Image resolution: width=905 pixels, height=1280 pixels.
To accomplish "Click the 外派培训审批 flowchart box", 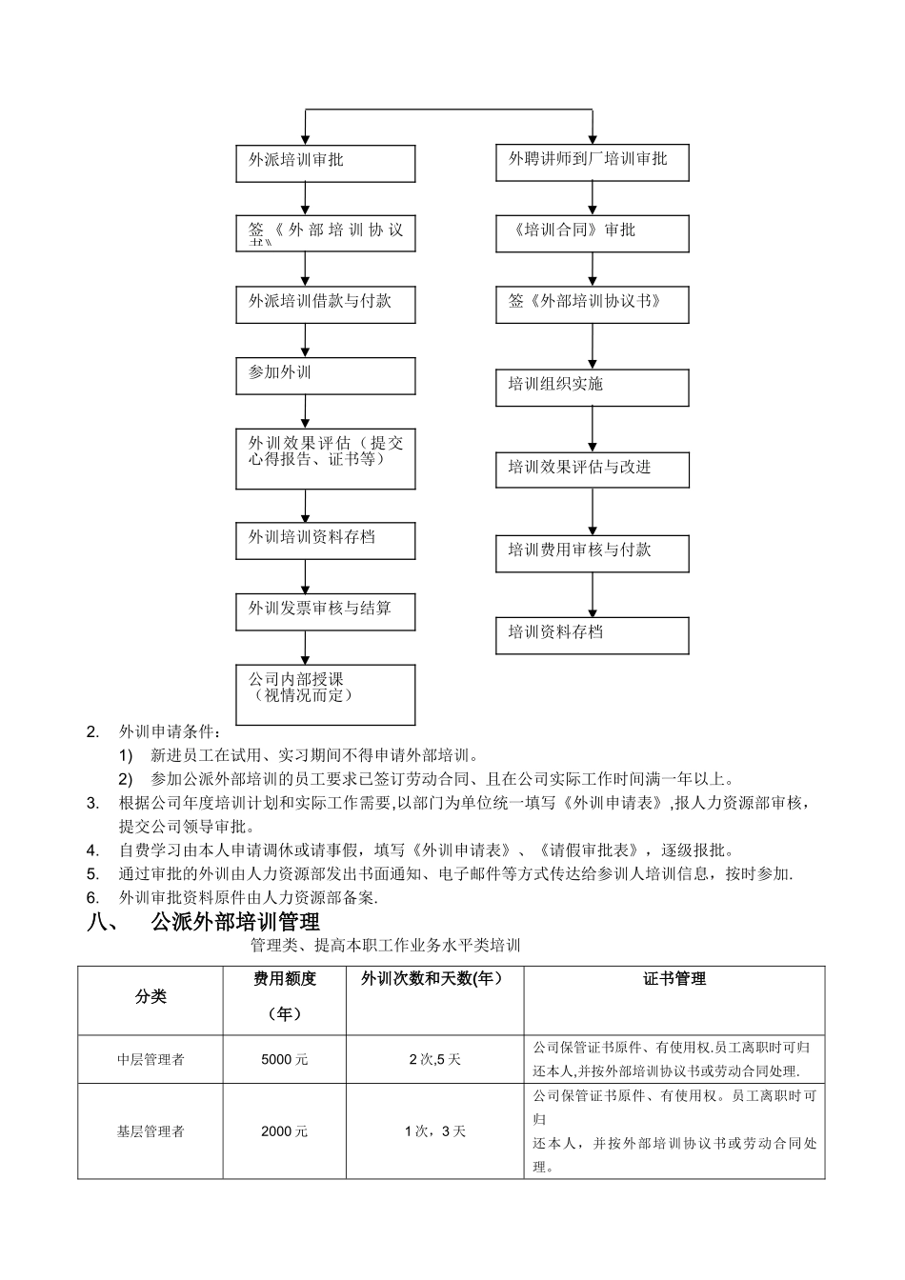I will coord(325,163).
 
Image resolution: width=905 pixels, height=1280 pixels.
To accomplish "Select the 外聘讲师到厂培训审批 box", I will coord(592,162).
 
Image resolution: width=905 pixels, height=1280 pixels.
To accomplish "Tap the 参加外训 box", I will coord(325,375).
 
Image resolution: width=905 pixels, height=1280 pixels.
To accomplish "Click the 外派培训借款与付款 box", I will coord(325,305).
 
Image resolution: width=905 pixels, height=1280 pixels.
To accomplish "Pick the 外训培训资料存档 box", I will coord(325,540).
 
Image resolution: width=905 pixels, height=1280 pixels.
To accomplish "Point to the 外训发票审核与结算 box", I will coord(325,611).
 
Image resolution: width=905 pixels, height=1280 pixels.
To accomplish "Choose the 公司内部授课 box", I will coord(325,694).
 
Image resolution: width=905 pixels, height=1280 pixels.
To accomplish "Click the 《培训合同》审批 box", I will coord(592,233).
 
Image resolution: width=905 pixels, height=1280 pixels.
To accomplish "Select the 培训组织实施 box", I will coord(592,388).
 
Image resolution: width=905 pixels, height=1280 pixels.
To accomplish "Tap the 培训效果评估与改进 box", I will coord(592,470).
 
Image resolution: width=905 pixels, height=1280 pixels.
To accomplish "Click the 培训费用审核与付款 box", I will coord(592,553).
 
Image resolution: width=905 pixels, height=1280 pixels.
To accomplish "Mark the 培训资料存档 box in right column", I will coord(592,635).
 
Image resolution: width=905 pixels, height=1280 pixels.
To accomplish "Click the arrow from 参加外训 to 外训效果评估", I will coord(306,411).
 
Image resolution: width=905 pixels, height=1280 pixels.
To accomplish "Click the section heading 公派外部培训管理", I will coord(234,922).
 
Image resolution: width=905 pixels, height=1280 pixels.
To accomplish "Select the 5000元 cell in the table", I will coord(284,1060).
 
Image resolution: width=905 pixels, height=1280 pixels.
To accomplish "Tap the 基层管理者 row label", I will coord(151,1131).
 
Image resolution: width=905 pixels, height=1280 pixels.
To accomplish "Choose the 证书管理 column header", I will coord(674,979).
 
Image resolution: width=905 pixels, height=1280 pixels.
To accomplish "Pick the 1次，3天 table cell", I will coord(434,1131).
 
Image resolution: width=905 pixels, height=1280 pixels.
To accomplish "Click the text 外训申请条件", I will coord(168,732).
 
